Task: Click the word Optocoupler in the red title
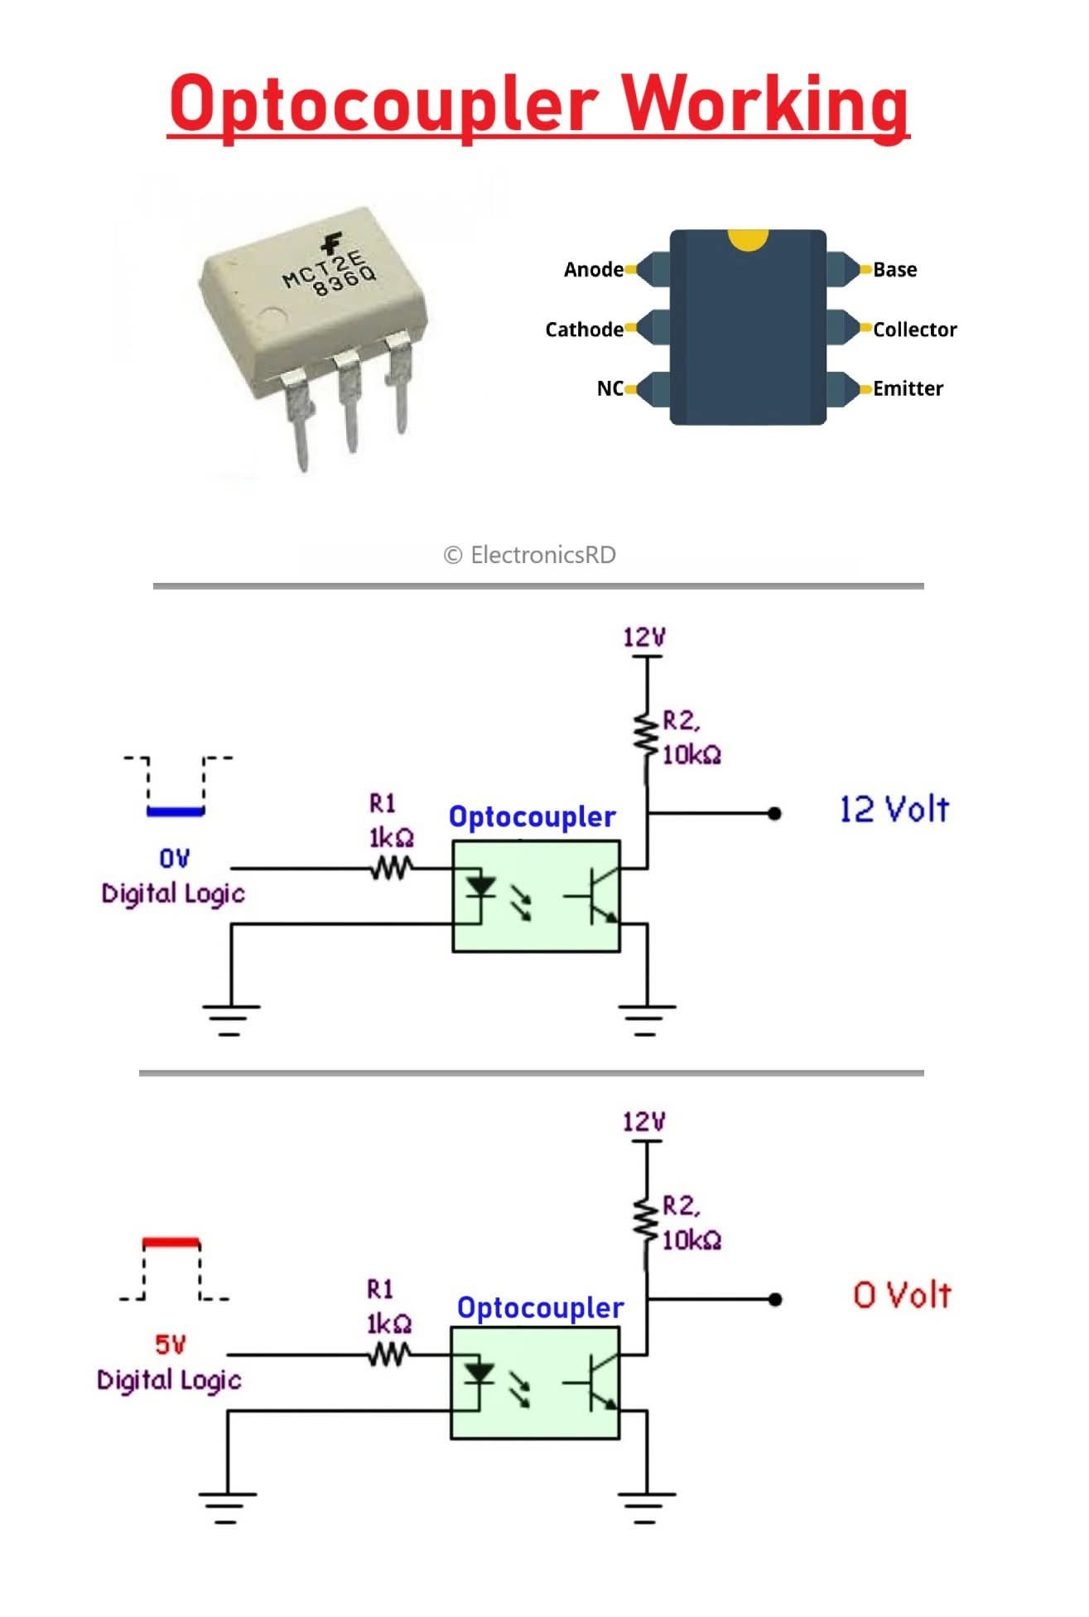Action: (x=383, y=105)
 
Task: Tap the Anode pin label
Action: (x=593, y=269)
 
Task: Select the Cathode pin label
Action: (x=584, y=330)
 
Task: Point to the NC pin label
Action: (x=610, y=388)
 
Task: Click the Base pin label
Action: (x=894, y=269)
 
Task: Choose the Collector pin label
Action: (x=914, y=330)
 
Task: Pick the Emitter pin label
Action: (x=908, y=388)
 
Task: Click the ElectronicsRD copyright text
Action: (x=530, y=555)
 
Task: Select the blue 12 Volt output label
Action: (x=894, y=810)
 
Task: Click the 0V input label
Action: (x=174, y=859)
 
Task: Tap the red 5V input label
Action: (x=171, y=1345)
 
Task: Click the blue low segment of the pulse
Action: (x=175, y=812)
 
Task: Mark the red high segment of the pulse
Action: (x=171, y=1243)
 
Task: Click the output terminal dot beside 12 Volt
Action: (x=774, y=814)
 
